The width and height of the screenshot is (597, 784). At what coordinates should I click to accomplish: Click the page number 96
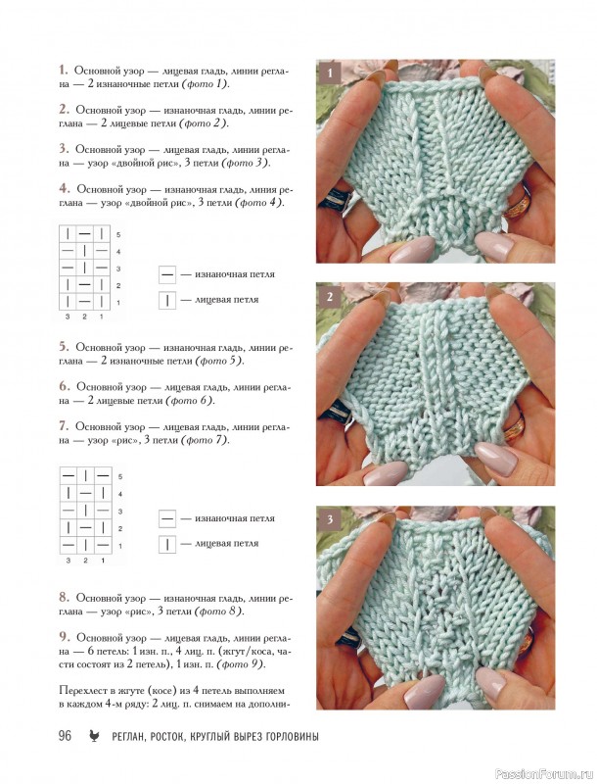65,736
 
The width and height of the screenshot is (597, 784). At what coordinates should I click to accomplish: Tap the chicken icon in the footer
93,736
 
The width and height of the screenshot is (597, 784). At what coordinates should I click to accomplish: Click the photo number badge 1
330,73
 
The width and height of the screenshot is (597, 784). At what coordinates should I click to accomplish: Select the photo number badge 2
330,297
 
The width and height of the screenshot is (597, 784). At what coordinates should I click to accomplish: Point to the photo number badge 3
330,519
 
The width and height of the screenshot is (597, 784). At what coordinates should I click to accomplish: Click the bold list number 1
64,70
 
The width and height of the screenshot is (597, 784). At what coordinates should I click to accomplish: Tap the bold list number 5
64,347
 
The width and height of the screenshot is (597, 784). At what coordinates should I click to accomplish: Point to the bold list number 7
64,426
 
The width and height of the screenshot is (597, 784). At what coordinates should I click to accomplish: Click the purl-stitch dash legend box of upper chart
167,274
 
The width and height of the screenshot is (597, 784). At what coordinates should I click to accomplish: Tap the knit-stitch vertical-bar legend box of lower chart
167,544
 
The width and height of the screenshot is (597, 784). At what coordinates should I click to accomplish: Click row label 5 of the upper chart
118,234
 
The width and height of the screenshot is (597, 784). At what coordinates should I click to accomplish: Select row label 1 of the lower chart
119,546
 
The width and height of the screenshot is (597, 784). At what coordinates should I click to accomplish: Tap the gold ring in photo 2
513,425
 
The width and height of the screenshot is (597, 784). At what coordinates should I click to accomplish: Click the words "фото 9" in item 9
242,664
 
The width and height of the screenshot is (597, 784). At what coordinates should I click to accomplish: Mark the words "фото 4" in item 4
258,203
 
